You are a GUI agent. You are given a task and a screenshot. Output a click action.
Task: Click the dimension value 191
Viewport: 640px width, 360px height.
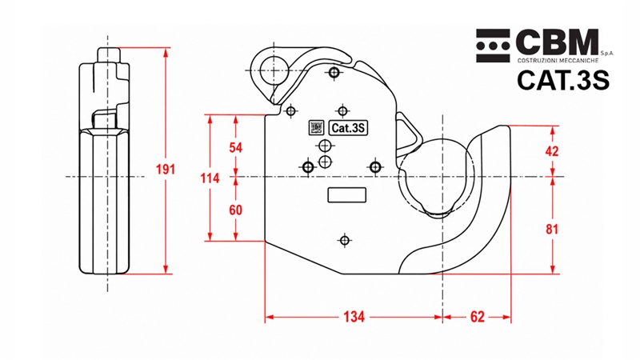166,169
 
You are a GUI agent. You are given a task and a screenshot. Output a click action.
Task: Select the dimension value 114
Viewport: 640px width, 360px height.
210,178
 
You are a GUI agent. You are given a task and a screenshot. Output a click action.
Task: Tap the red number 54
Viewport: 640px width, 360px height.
235,148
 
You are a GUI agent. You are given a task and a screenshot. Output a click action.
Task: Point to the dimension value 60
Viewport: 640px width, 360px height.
235,210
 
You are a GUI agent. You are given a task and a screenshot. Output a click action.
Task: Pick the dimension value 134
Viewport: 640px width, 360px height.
354,317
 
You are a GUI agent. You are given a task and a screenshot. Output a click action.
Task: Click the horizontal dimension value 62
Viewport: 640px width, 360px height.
477,317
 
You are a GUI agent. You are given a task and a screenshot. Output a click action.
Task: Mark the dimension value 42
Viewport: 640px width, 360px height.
552,151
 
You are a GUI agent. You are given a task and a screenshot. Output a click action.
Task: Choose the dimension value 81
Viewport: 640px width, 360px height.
552,230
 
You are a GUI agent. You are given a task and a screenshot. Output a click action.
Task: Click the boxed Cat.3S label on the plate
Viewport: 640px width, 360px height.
348,128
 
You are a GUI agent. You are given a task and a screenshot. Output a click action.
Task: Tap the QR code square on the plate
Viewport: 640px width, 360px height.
316,128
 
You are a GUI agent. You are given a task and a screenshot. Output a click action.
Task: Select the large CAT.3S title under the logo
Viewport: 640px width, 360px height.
563,80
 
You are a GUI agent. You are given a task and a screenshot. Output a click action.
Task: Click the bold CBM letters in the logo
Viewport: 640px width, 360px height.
557,42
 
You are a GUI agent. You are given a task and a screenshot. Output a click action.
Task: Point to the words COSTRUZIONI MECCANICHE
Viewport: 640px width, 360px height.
558,61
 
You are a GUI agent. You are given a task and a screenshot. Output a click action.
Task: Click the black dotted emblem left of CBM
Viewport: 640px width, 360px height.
493,46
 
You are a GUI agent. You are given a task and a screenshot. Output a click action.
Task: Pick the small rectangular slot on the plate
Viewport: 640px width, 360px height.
347,195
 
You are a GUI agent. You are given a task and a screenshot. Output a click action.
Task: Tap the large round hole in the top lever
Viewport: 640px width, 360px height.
273,70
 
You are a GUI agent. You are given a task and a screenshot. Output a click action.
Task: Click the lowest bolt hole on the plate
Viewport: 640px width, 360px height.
345,241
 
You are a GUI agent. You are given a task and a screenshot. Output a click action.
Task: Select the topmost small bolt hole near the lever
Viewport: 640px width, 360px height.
334,73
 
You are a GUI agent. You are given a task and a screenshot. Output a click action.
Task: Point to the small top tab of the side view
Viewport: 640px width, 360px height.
109,54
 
